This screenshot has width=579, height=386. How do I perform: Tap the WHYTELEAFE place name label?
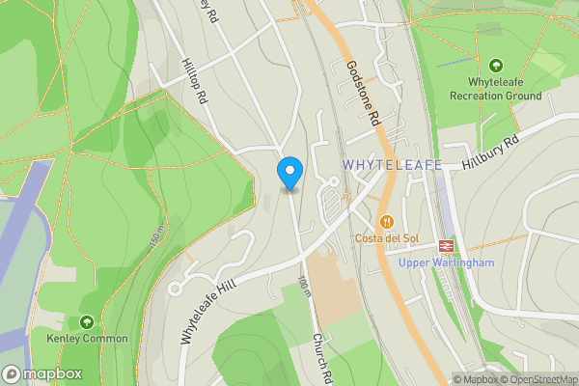point(392,165)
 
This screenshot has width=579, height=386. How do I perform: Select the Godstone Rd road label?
point(362,95)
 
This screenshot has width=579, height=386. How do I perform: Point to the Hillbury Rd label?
point(490,152)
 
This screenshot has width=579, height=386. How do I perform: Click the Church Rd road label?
point(320,358)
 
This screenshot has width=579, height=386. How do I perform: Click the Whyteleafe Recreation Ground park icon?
point(497,66)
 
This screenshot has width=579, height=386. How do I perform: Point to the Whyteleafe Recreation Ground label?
point(497,90)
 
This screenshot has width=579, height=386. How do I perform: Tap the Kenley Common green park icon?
point(87,321)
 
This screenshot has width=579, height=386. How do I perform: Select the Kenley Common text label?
point(87,339)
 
